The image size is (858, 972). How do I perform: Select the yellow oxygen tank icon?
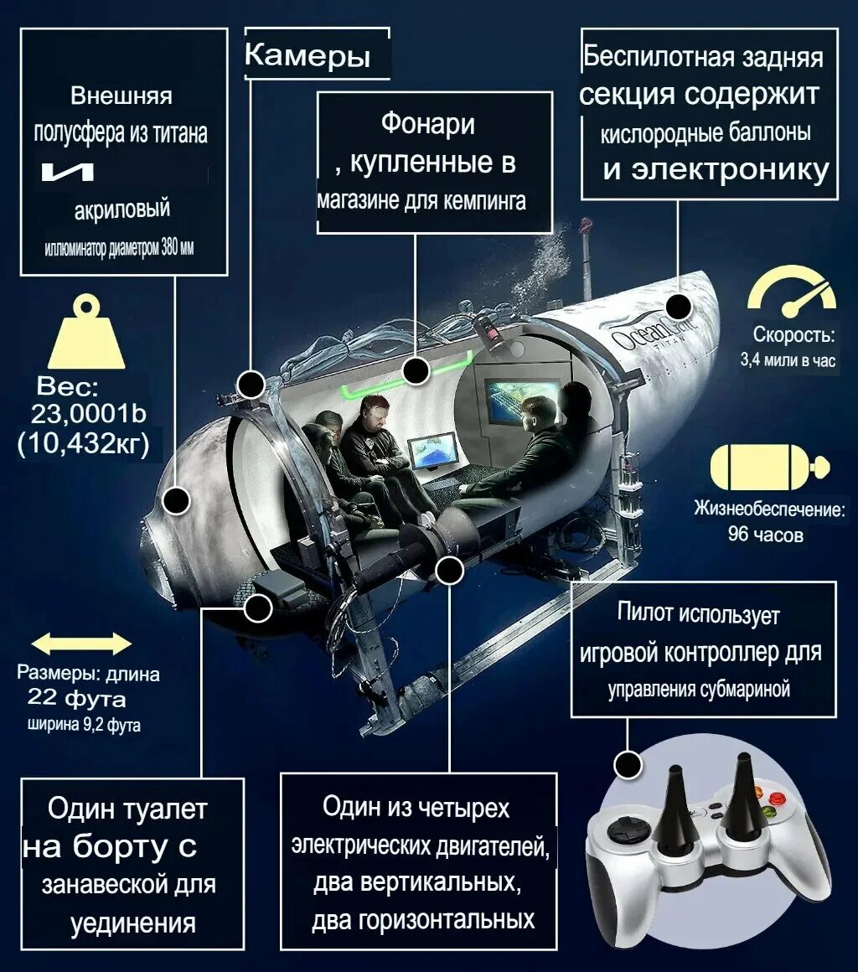click(x=768, y=468)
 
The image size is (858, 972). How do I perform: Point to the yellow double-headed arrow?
click(x=81, y=644)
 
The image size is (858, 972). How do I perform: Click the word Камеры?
click(x=308, y=56)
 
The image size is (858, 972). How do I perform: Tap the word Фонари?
click(x=428, y=124)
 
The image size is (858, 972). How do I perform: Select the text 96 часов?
click(x=765, y=534)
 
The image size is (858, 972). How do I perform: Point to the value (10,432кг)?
click(x=83, y=443)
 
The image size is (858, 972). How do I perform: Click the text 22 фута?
click(x=76, y=697)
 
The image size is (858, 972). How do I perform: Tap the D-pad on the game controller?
click(x=621, y=832)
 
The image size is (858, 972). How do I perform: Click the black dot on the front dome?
click(x=176, y=501)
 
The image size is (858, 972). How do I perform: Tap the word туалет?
click(x=164, y=809)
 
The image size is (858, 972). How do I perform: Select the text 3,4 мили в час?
click(x=788, y=361)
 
